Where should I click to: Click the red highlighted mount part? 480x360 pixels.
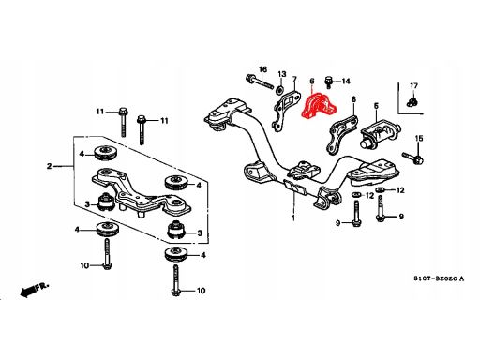[318, 106]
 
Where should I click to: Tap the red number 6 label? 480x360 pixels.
[312, 82]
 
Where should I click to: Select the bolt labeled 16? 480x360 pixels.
[260, 82]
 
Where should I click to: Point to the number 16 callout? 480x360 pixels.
[263, 69]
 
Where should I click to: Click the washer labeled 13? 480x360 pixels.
[280, 89]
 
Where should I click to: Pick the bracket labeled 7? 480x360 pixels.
[284, 110]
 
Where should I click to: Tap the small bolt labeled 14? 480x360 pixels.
[328, 82]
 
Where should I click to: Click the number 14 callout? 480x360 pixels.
[346, 82]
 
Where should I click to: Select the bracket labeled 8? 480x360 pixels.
[340, 134]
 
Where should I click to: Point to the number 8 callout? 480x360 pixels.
[353, 99]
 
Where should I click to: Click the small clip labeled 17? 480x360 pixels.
[413, 102]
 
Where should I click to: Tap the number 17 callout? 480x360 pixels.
[413, 85]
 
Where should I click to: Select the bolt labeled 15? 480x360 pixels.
[413, 158]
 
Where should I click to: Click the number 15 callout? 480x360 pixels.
[419, 138]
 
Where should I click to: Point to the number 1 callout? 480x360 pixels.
[293, 217]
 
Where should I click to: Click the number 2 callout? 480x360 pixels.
[49, 166]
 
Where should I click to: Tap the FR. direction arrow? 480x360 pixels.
[35, 290]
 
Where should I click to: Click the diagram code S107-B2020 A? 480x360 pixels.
[439, 278]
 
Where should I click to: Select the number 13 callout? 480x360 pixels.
[282, 74]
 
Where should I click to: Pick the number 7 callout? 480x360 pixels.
[294, 79]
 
